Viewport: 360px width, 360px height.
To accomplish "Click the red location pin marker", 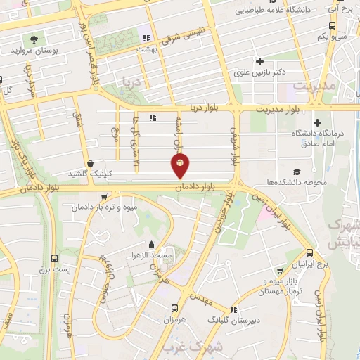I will pyautogui.click(x=180, y=166).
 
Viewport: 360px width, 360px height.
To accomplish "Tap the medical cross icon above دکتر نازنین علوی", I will pyautogui.click(x=260, y=61).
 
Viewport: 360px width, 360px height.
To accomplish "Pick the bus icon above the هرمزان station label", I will pyautogui.click(x=174, y=309).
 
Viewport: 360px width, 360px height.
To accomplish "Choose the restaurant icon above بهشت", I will pyautogui.click(x=146, y=38).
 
